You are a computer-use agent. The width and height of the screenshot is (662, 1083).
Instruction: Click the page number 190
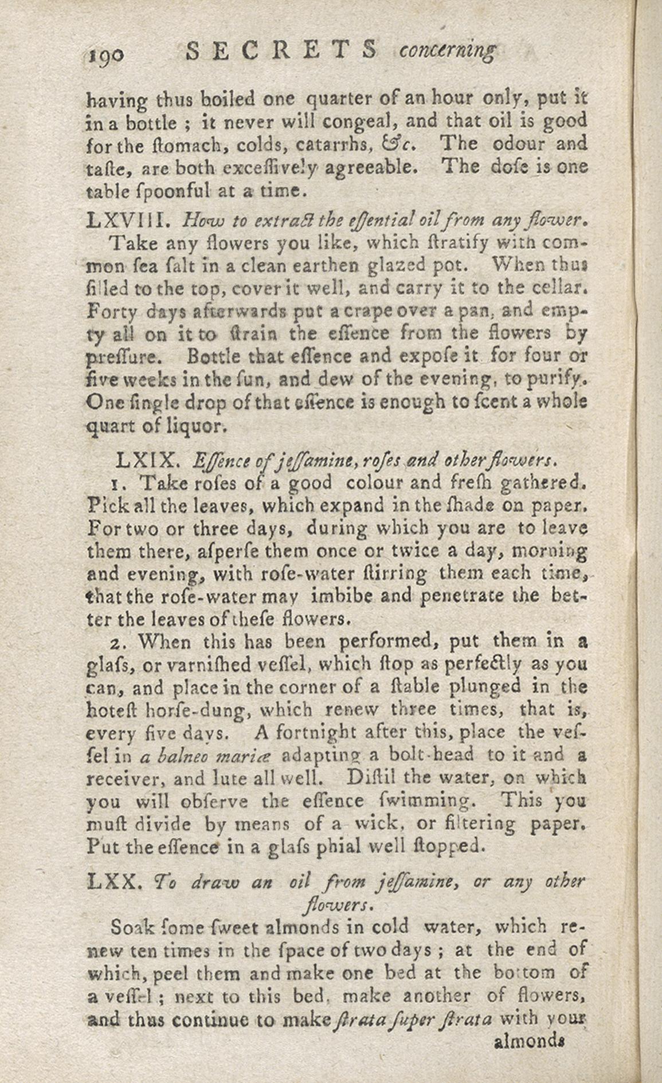click(105, 54)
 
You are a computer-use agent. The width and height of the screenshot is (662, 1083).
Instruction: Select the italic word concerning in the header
click(446, 52)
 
